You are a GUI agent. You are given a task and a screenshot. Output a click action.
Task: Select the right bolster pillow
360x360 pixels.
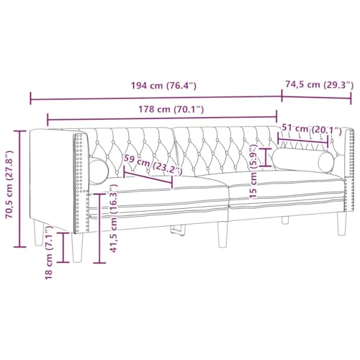tap(304, 161)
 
